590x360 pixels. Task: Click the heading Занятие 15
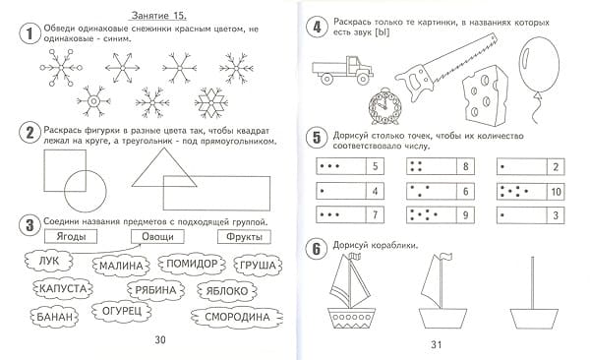[x=158, y=16]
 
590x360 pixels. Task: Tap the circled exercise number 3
[x=29, y=226]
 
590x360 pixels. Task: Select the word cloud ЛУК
[x=48, y=261]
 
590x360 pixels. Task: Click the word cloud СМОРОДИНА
[x=237, y=317]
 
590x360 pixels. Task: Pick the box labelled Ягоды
[x=71, y=237]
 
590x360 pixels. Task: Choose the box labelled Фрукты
[x=244, y=237]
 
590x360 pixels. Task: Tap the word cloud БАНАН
[x=54, y=317]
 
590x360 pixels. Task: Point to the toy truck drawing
[x=342, y=71]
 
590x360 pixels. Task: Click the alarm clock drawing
[x=384, y=106]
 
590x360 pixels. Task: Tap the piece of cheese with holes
[x=485, y=94]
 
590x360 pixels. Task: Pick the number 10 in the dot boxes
[x=557, y=192]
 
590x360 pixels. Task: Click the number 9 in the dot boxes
[x=465, y=215]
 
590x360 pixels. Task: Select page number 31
[x=436, y=344]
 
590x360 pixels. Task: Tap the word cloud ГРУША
[x=258, y=266]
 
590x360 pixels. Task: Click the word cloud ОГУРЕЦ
[x=122, y=311]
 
